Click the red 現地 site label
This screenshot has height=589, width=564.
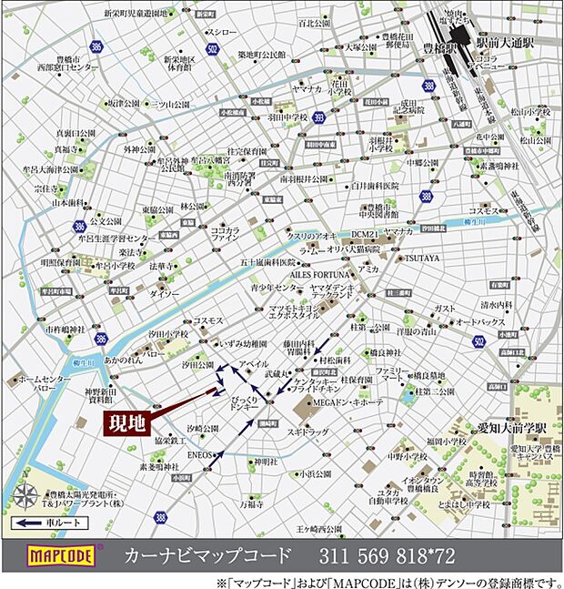[x=126, y=424]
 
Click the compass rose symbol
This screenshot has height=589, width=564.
[x=26, y=497]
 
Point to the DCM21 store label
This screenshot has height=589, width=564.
[x=361, y=234]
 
